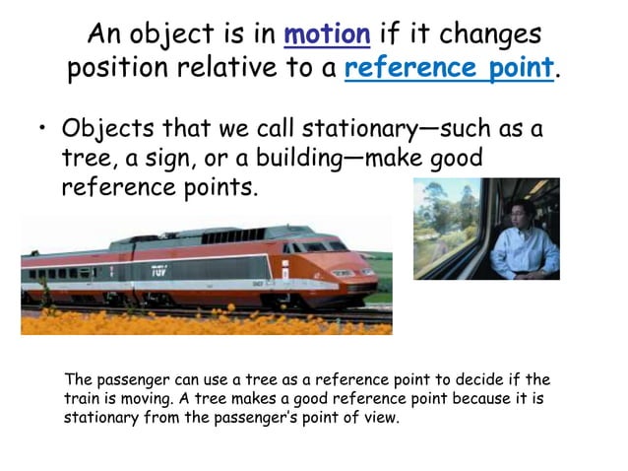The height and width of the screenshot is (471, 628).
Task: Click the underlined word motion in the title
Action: click(x=327, y=34)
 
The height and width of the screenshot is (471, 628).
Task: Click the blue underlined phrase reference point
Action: click(x=450, y=69)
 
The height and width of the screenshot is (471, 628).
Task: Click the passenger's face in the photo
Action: click(x=521, y=218)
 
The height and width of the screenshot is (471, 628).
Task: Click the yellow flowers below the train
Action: click(x=197, y=321)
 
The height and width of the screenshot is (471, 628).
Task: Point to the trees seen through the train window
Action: click(x=448, y=222)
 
